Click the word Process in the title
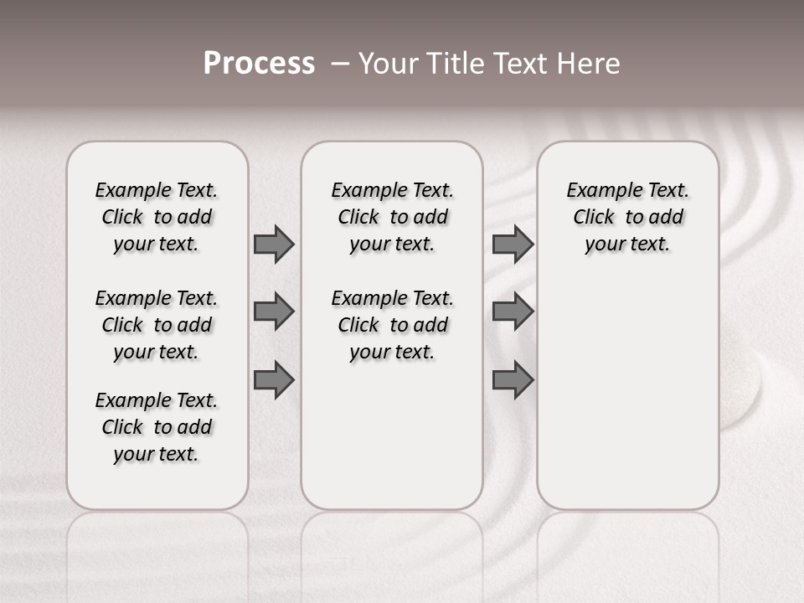259,64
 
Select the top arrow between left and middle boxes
274,245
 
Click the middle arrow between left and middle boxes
274,312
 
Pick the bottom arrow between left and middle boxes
274,379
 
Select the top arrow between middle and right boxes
513,245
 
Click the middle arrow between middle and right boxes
513,312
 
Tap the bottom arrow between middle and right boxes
513,379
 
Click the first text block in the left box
157,217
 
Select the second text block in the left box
157,325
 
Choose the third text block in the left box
157,427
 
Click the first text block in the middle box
392,217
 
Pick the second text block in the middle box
392,325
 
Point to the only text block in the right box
627,217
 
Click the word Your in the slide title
388,64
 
